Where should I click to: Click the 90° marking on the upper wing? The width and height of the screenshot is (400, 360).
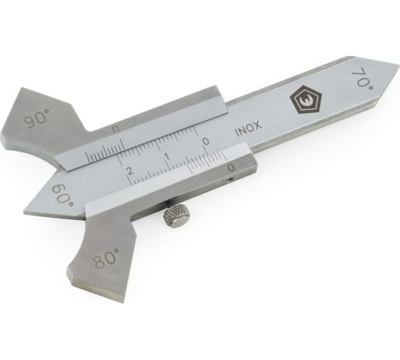point(36,119)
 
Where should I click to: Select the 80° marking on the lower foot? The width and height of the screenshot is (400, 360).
point(106,258)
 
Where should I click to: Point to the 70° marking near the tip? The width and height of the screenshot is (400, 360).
point(363,79)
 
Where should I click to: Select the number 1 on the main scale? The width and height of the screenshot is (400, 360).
point(168,156)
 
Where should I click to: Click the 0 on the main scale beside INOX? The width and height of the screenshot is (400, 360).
point(206,141)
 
